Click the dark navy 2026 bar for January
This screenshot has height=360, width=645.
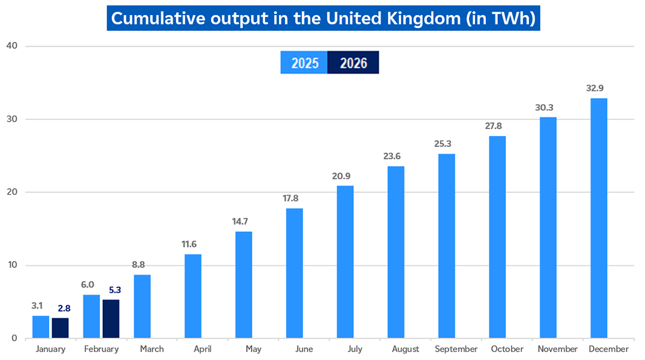[60, 327]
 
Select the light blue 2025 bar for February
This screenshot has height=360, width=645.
[91, 316]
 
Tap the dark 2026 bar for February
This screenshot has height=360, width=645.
[111, 318]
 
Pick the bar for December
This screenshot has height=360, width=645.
[598, 218]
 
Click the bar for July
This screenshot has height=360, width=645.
[345, 261]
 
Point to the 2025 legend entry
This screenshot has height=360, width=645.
[304, 63]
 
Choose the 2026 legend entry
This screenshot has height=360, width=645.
[353, 63]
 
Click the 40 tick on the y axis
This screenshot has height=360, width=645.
[11, 46]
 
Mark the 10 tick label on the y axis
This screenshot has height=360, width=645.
[11, 265]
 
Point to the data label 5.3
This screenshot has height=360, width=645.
[115, 290]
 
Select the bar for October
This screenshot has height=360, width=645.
[497, 237]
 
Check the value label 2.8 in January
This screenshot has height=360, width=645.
[64, 309]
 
